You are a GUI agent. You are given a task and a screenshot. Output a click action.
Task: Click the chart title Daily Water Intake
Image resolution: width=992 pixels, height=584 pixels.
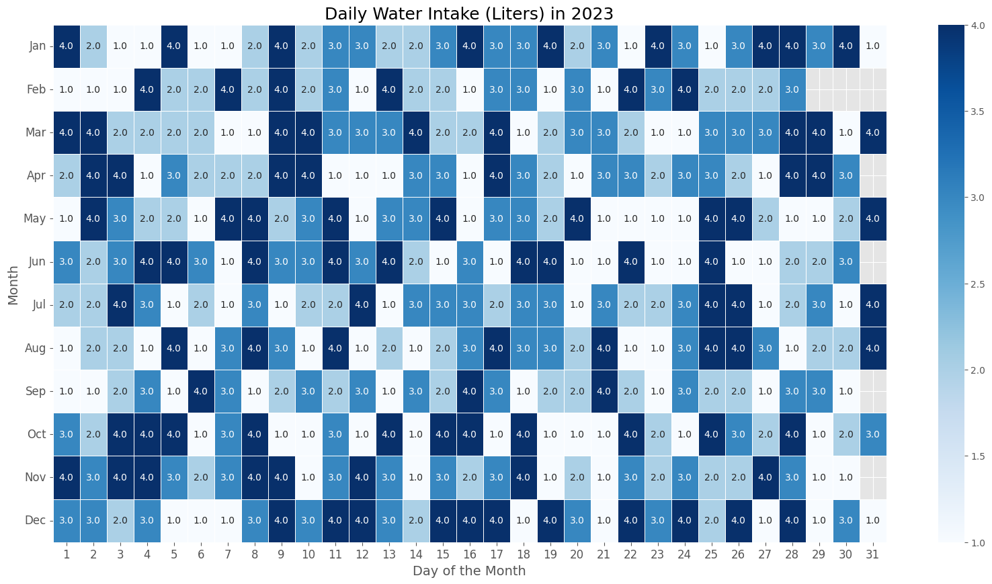point(468,14)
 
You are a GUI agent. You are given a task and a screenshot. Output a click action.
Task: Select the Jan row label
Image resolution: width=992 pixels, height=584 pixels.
point(38,46)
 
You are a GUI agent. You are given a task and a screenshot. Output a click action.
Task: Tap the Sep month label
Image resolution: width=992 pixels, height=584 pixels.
point(38,391)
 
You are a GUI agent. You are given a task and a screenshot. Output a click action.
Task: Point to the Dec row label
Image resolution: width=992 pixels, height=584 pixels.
point(38,520)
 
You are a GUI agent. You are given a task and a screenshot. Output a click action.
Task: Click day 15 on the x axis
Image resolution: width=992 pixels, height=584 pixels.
point(442,553)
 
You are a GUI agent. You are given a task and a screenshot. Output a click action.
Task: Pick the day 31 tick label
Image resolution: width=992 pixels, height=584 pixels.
point(872,553)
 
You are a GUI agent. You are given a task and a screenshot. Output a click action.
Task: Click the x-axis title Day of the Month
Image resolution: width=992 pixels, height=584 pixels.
point(468,571)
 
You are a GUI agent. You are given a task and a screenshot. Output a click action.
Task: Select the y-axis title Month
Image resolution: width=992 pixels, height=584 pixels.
point(14,284)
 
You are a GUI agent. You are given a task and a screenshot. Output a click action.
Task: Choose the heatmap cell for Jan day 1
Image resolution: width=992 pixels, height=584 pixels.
point(67,46)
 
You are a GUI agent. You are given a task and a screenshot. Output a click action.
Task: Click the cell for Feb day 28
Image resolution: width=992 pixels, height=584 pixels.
point(792,89)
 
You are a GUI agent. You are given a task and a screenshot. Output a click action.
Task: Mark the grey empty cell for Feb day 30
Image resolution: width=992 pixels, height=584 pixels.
point(845,89)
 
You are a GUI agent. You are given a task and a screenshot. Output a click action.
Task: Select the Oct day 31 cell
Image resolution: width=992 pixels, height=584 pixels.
point(872,434)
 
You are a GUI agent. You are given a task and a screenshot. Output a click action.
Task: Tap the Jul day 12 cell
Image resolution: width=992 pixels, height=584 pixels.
point(362,305)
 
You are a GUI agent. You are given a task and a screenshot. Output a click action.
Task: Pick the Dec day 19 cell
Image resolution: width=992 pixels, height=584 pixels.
point(550,520)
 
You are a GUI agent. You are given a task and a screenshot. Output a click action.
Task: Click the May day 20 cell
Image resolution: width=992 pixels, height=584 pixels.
point(577,218)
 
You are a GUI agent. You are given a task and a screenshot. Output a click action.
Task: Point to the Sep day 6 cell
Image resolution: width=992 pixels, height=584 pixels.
point(201,391)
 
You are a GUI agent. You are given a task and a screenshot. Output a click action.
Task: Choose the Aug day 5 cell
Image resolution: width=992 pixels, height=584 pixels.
point(174,348)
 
